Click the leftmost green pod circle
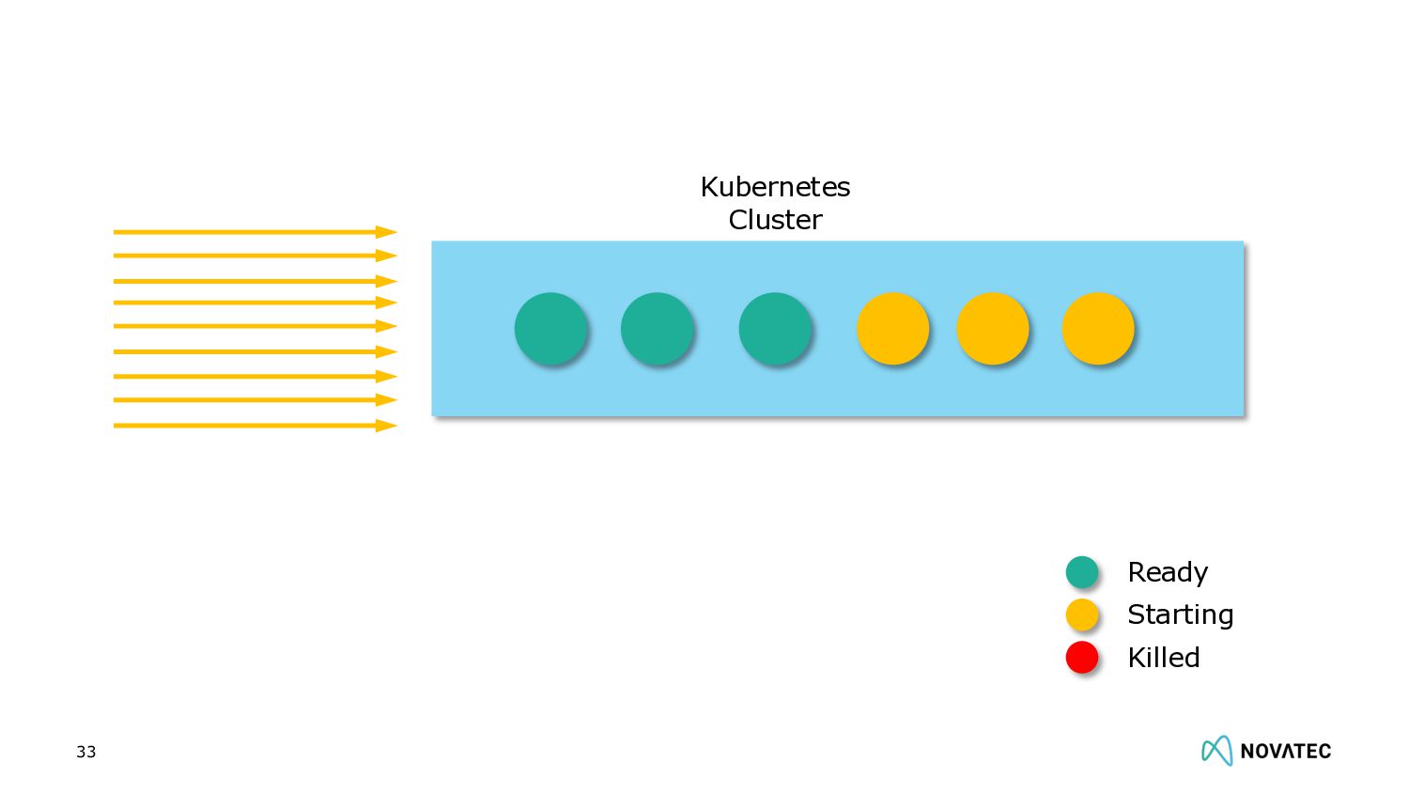(x=550, y=328)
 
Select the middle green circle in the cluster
(x=657, y=328)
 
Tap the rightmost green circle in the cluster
(x=775, y=328)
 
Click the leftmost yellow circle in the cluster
(x=892, y=328)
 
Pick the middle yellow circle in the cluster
(x=992, y=328)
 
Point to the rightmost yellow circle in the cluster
(x=1097, y=328)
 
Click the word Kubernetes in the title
(x=775, y=187)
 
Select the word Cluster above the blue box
(x=775, y=220)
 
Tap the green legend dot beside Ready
(x=1082, y=571)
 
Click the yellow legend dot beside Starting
(x=1082, y=614)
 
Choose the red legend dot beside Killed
(x=1082, y=657)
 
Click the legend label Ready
(x=1168, y=572)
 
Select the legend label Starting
(x=1180, y=614)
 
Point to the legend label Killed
(x=1163, y=658)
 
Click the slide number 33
(x=86, y=752)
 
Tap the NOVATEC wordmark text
(x=1285, y=751)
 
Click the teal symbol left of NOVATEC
(x=1216, y=750)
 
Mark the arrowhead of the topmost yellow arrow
(x=386, y=232)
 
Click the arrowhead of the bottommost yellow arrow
(x=386, y=426)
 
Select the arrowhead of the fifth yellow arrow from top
(x=386, y=326)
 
